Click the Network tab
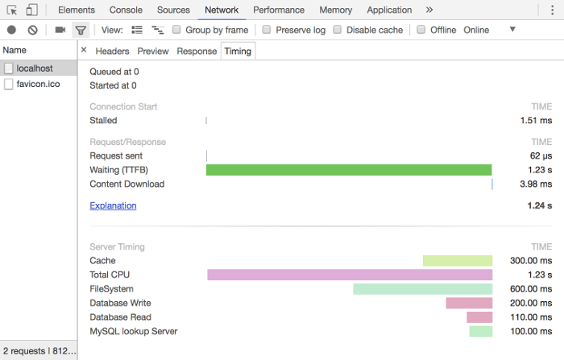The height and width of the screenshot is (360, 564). click(222, 10)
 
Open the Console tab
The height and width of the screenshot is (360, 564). click(126, 10)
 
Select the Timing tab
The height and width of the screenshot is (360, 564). click(238, 52)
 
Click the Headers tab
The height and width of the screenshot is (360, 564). click(112, 52)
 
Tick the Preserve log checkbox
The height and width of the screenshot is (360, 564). click(267, 30)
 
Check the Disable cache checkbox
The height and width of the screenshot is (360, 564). click(337, 30)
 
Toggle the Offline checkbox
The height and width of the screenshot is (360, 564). click(421, 30)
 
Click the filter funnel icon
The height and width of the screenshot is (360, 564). click(81, 31)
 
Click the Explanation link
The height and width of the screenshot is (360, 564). click(113, 205)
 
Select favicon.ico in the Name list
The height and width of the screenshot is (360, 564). click(38, 84)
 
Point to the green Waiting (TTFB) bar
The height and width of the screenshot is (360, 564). click(349, 170)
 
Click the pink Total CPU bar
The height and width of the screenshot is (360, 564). click(350, 275)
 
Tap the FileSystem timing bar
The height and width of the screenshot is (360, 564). click(423, 289)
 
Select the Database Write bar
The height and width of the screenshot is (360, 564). click(469, 303)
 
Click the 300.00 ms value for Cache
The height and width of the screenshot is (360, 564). click(531, 261)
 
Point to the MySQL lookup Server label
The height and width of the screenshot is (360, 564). click(134, 331)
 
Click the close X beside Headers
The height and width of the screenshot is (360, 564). click(84, 50)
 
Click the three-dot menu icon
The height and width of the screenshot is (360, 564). click(552, 10)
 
